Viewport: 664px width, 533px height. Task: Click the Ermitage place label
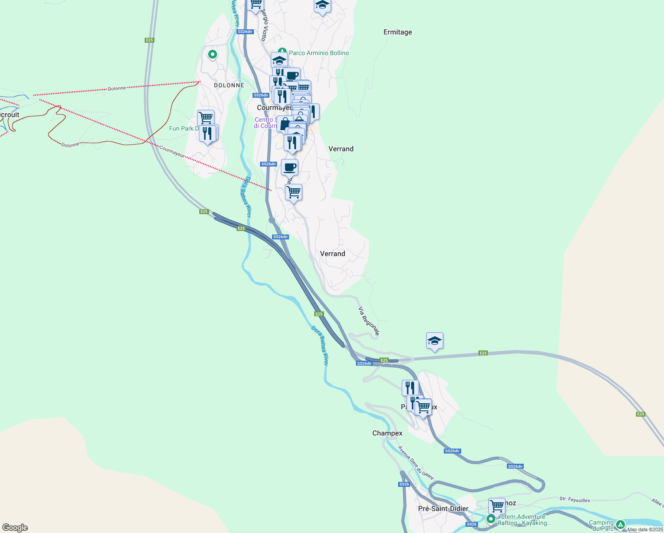pyautogui.click(x=398, y=32)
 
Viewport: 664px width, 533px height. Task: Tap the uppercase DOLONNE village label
pyautogui.click(x=229, y=85)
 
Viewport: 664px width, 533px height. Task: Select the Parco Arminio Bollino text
pyautogui.click(x=319, y=53)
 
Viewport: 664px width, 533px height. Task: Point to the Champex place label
pyautogui.click(x=387, y=433)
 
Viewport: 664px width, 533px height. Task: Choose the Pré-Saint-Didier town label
pyautogui.click(x=443, y=509)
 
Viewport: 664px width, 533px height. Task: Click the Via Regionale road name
pyautogui.click(x=369, y=320)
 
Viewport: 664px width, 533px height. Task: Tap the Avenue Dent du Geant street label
pyautogui.click(x=416, y=463)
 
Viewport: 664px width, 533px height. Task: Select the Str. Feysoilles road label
pyautogui.click(x=575, y=500)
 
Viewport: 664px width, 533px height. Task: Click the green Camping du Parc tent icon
pyautogui.click(x=620, y=524)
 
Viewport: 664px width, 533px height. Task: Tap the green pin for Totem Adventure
pyautogui.click(x=491, y=519)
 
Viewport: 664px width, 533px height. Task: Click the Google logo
pyautogui.click(x=15, y=528)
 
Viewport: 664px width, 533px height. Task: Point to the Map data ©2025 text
pyautogui.click(x=645, y=529)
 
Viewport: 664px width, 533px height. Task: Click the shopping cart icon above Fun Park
pyautogui.click(x=206, y=118)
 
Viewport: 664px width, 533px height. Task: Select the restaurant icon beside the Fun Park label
pyautogui.click(x=208, y=133)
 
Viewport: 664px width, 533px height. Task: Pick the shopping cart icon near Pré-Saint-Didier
pyautogui.click(x=497, y=505)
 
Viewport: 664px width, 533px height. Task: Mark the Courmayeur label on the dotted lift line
pyautogui.click(x=172, y=151)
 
